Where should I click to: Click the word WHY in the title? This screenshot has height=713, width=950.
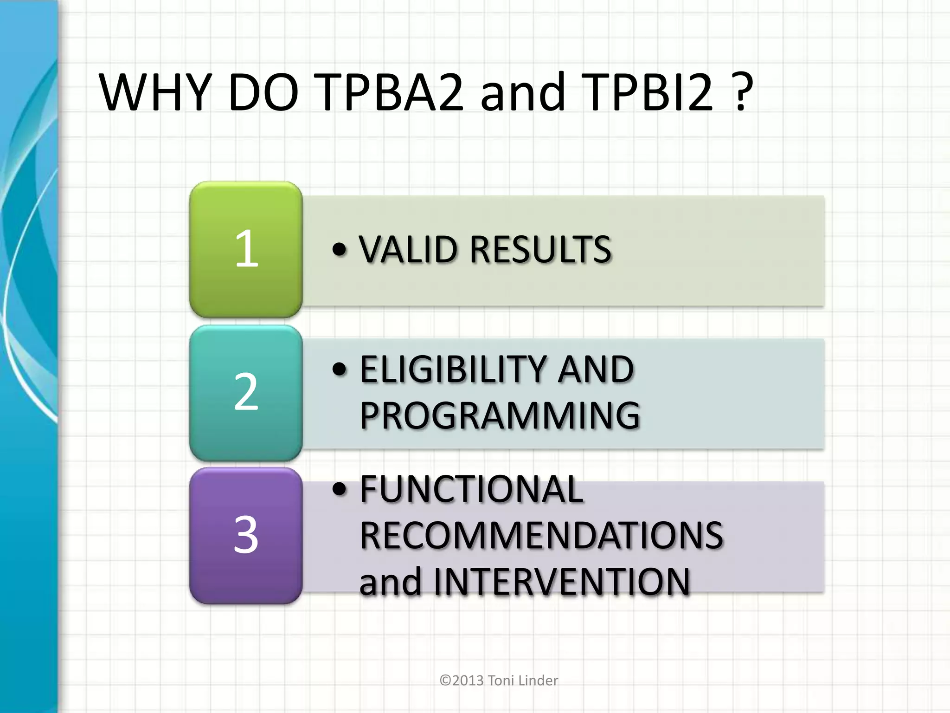tap(155, 92)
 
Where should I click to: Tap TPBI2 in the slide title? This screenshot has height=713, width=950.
tap(647, 92)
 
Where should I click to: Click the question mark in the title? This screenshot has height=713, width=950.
tap(741, 92)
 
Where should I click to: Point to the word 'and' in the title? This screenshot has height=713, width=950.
tap(522, 92)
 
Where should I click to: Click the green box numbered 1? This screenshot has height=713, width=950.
tap(246, 249)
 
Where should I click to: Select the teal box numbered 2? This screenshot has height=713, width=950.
tap(246, 392)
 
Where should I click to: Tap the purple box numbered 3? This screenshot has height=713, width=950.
tap(246, 535)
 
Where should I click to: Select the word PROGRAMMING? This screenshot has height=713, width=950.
tap(500, 415)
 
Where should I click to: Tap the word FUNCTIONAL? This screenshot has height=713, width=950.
tap(471, 489)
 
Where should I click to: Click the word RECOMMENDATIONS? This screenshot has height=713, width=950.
tap(541, 535)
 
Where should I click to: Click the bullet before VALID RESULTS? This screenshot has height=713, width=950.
tap(340, 250)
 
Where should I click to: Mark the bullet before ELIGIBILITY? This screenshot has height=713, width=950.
tap(340, 369)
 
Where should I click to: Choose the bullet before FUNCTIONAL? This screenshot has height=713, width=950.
tap(340, 489)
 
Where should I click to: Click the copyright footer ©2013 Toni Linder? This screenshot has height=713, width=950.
tap(499, 681)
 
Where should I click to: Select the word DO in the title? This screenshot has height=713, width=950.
tap(263, 92)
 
